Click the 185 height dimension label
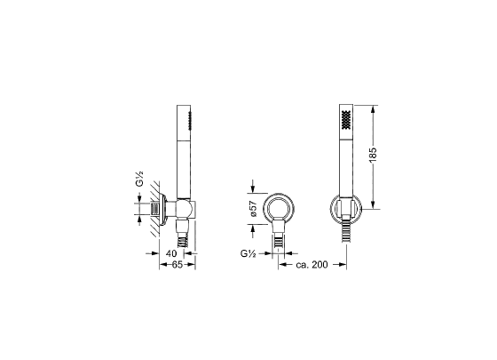(373, 155)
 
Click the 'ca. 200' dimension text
(312, 265)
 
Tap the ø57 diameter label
(253, 209)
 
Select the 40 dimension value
(171, 253)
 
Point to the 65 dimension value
(177, 265)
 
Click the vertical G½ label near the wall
(139, 179)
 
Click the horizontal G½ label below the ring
(248, 253)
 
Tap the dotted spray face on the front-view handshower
(346, 119)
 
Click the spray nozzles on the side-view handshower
(190, 121)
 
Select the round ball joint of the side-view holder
(184, 209)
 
